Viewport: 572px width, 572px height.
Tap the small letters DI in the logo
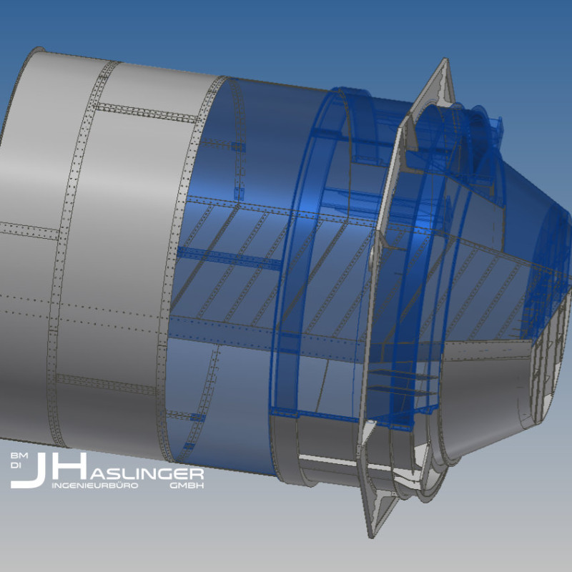click(16, 466)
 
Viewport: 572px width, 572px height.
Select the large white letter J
click(29, 470)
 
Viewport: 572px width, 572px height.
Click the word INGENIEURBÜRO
click(95, 485)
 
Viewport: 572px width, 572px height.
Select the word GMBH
click(187, 485)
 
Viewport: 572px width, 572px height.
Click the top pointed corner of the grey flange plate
click(445, 59)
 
